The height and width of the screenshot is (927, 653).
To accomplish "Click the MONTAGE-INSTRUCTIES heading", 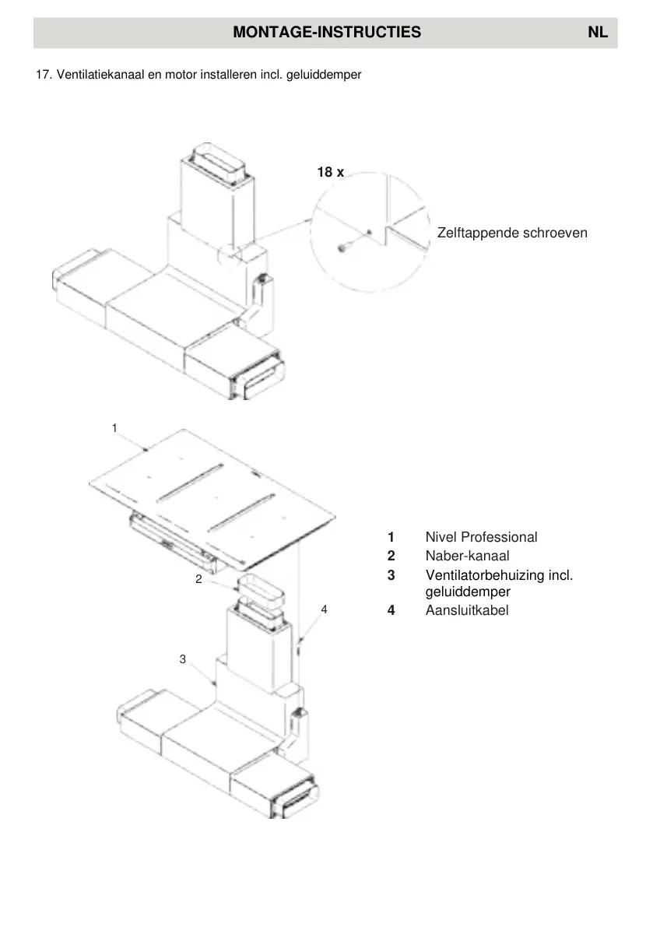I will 326,33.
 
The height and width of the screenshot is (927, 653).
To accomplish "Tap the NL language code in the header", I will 598,33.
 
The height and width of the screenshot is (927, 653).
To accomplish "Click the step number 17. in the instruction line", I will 44,75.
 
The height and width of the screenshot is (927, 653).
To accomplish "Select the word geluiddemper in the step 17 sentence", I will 329,75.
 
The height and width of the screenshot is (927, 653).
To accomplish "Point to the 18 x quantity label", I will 330,173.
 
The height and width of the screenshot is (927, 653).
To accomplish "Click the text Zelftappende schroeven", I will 512,233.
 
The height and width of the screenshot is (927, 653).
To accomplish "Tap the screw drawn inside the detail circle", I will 342,248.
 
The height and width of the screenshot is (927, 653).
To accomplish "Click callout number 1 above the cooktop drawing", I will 114,428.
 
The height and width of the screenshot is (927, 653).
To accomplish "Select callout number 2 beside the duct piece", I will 198,579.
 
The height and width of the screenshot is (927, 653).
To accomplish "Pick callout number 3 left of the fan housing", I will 182,659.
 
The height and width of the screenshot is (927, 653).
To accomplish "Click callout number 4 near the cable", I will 324,609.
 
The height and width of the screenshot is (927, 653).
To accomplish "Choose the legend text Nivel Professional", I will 481,537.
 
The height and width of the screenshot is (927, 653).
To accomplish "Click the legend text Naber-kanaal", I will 467,556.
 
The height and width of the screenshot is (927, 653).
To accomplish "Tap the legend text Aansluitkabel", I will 467,610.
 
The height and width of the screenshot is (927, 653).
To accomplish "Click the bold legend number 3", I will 391,575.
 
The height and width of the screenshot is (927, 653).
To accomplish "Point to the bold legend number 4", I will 391,610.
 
